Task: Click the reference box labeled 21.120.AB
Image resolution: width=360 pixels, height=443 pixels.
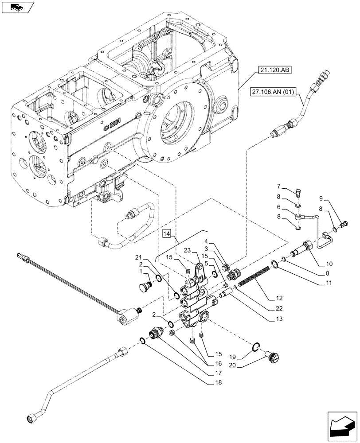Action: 270,70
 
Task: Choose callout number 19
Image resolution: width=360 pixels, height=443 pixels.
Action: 244,356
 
